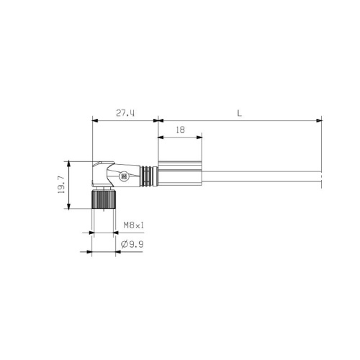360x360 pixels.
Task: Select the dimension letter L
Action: click(x=238, y=113)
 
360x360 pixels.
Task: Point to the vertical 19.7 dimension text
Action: click(x=62, y=184)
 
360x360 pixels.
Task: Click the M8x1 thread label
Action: click(x=133, y=225)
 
